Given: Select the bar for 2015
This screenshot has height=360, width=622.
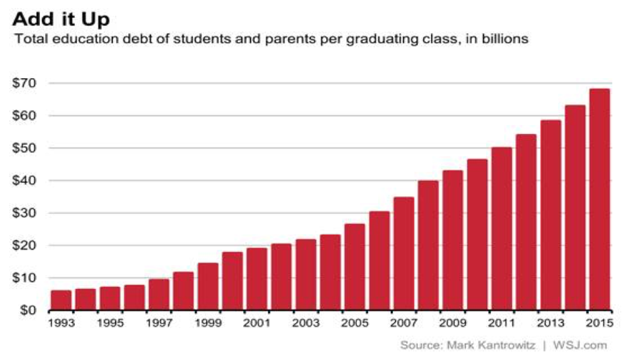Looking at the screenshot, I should coord(599,199).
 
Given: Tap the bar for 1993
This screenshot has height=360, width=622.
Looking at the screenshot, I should coord(61,300).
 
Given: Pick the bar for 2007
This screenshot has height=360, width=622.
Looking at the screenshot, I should coord(404,253).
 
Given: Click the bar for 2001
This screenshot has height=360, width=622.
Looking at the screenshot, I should coord(256,279).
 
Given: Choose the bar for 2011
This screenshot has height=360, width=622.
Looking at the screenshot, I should coord(501,229).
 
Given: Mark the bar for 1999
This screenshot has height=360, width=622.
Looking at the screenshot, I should coord(208,286).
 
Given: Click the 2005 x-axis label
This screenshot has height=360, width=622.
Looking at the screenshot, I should coord(355,323).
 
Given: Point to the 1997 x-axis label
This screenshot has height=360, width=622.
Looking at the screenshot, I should coord(159,323).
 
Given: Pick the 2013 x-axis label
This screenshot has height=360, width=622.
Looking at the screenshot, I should coord(550,323).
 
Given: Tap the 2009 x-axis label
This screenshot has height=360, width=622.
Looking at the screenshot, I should coord(453,323).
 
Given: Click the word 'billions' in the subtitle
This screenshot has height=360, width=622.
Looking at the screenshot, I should coord(508,39).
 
